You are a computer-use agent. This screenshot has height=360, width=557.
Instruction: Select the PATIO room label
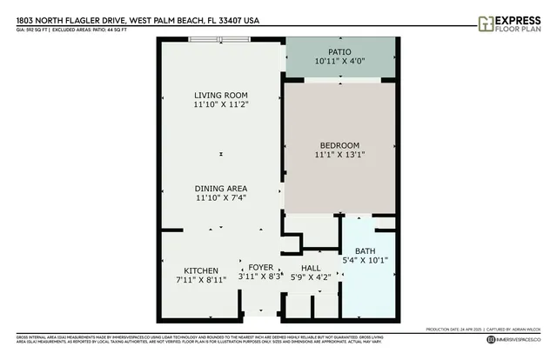coord(339,51)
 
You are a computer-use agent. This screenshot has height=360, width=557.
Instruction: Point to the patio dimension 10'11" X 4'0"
coord(339,62)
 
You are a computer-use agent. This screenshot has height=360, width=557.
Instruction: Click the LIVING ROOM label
coord(221,95)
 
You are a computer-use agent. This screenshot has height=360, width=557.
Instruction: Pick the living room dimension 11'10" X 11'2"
coord(221,104)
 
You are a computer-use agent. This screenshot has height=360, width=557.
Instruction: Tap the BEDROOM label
coord(339,145)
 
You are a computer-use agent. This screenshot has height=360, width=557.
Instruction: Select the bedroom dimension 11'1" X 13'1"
coord(339,155)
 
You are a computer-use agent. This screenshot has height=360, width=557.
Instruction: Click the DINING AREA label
coord(221,189)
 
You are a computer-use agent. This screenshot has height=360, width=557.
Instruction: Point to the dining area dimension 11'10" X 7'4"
coord(221,198)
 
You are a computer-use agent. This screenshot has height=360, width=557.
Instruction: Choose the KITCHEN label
coord(201,270)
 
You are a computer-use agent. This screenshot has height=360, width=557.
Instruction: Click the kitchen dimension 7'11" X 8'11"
coord(201,280)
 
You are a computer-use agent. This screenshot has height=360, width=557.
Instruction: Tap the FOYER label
coord(261,267)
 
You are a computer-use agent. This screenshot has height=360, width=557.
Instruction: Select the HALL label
coord(311,267)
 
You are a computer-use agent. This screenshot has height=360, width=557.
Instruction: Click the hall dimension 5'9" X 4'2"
coord(311,277)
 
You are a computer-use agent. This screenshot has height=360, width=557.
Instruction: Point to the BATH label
coord(365,251)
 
